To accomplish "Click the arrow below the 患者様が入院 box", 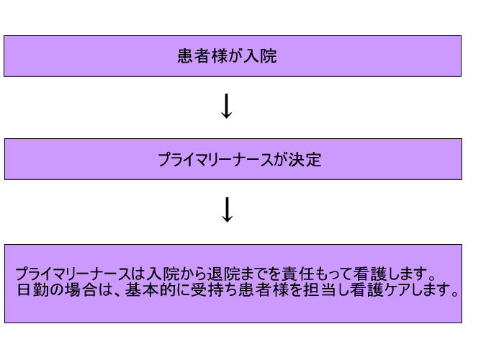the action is (x=227, y=106).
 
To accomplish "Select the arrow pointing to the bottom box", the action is (x=228, y=210).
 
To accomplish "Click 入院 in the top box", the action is (x=260, y=56).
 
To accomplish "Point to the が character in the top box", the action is (x=235, y=56).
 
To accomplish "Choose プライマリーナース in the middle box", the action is (x=215, y=160).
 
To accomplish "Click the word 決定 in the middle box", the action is (x=305, y=160).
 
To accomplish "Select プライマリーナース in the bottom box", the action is (x=73, y=274).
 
